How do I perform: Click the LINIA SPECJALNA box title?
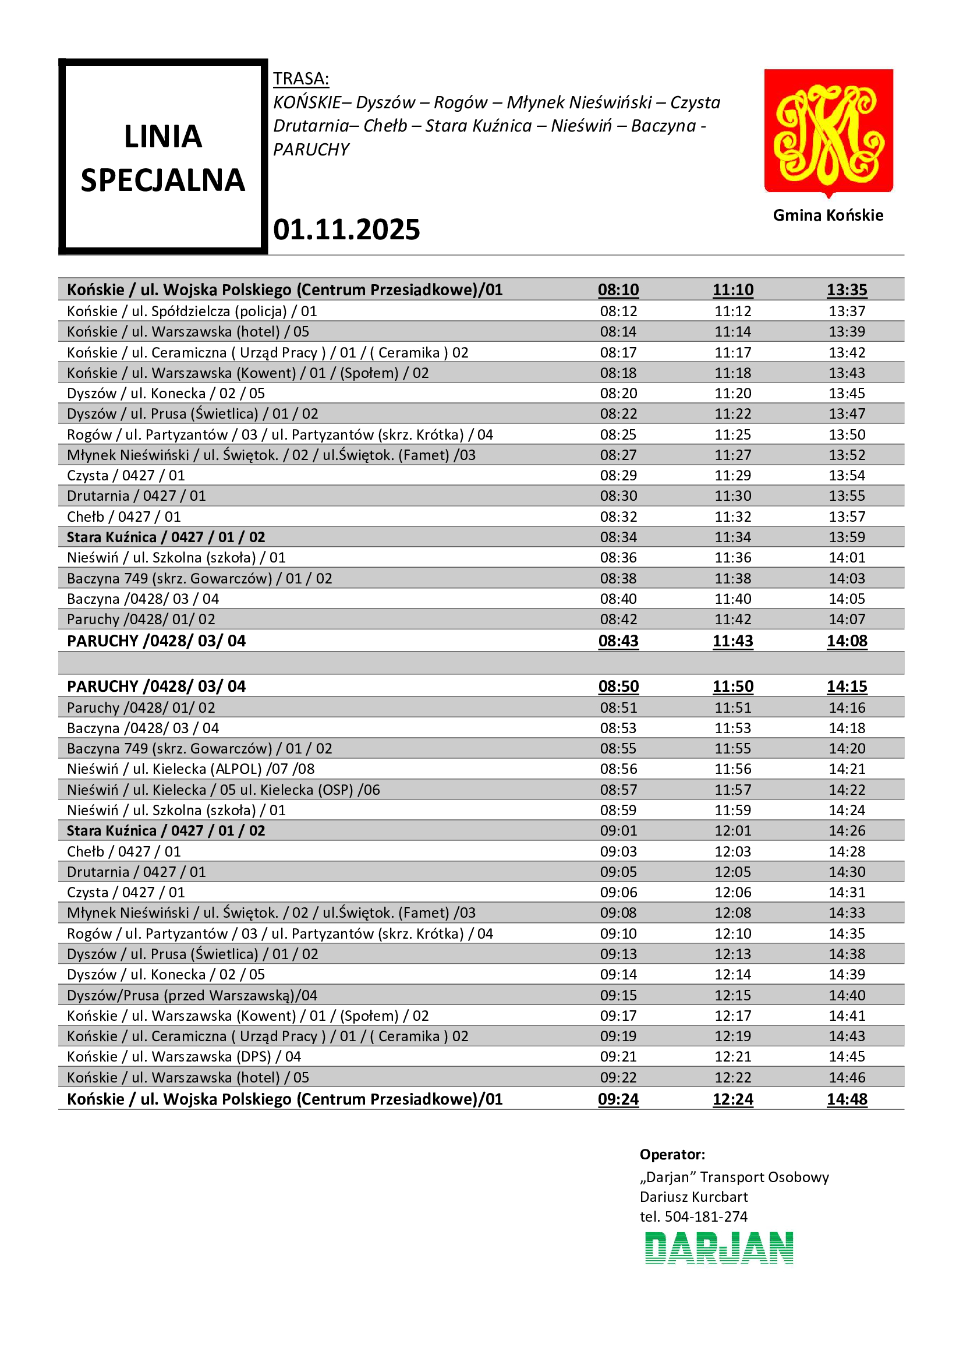[162, 158]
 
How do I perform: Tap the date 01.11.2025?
[346, 229]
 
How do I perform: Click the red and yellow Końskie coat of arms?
[828, 132]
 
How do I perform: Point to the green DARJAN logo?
[718, 1247]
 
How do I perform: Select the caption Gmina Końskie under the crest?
[828, 215]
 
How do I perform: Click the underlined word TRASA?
[300, 78]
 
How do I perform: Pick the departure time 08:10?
[618, 289]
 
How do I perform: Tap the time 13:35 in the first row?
[847, 289]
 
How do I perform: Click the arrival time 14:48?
[847, 1099]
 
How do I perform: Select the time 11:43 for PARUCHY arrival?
[732, 641]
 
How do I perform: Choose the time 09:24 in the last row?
[618, 1099]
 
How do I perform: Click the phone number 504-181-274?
[706, 1216]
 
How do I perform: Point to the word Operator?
[672, 1154]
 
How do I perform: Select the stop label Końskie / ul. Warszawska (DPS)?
[184, 1056]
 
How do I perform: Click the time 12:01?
[732, 830]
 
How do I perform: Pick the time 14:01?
[847, 558]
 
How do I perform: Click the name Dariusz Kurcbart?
[693, 1197]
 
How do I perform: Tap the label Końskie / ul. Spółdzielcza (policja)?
[192, 311]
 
